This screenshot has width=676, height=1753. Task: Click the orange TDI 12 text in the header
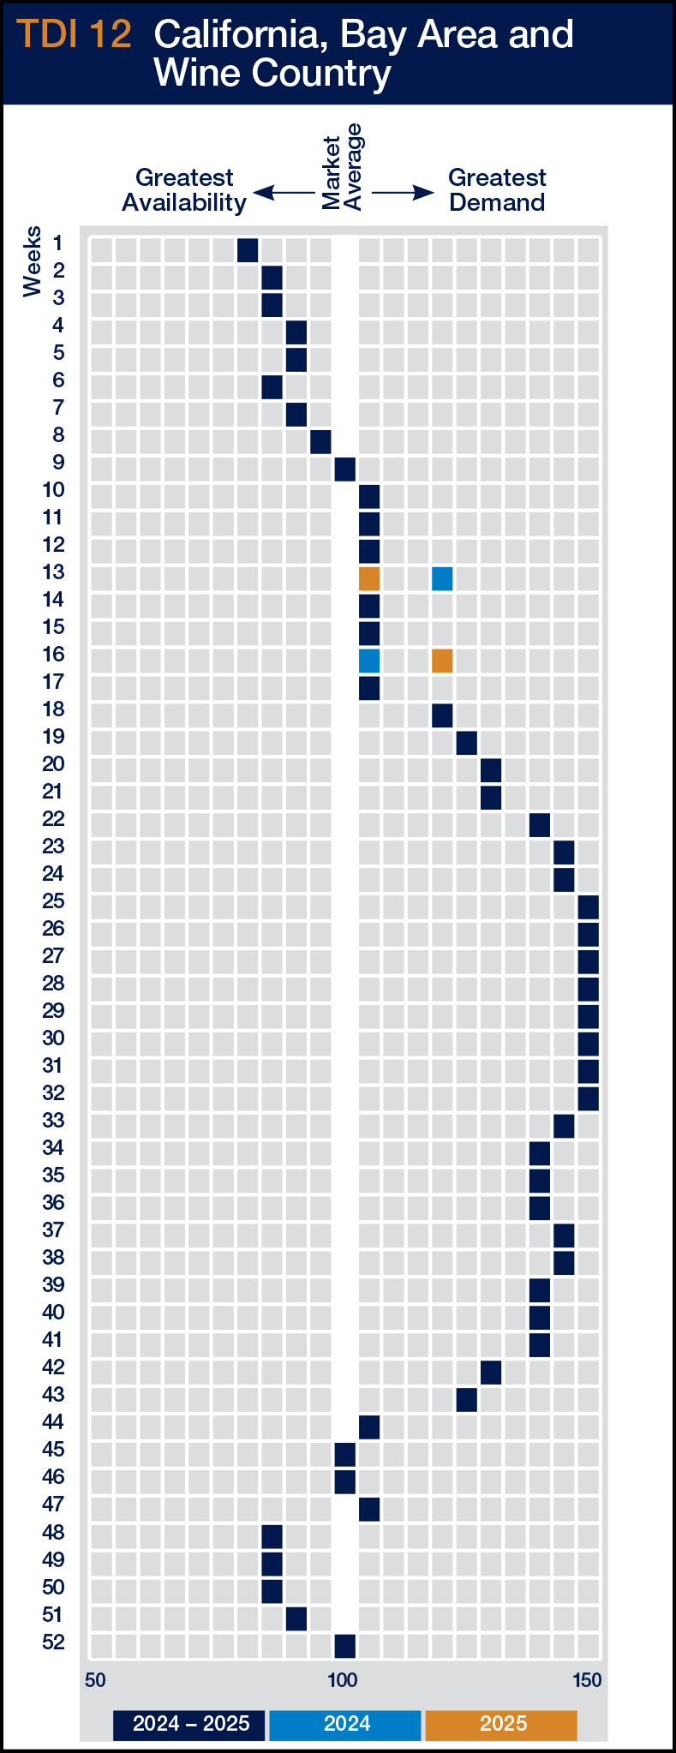[x=75, y=34]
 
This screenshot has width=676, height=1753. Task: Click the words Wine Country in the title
[x=272, y=73]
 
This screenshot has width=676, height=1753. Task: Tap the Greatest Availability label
[x=184, y=190]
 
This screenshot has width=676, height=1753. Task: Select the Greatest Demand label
[x=497, y=190]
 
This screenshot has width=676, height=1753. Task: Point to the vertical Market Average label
[x=342, y=167]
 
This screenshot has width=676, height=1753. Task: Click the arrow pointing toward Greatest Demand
[x=404, y=193]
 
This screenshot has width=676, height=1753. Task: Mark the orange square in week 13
[x=369, y=578]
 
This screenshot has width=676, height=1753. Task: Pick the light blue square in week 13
[x=442, y=578]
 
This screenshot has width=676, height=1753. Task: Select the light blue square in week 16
[x=369, y=661]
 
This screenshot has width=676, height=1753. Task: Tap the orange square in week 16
[x=442, y=661]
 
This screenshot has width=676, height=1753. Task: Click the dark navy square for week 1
[x=248, y=250]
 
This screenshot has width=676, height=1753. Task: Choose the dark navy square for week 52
[x=344, y=1646]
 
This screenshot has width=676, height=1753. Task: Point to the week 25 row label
[x=53, y=901]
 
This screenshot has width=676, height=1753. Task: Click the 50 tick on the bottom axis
[x=95, y=1680]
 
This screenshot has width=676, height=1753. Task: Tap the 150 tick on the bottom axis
[x=587, y=1680]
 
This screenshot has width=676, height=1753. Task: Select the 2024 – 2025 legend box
[x=190, y=1724]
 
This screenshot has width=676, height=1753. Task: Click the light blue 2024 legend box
[x=345, y=1724]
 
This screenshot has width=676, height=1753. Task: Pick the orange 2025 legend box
[x=501, y=1724]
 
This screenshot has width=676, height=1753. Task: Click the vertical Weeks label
[x=33, y=261]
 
